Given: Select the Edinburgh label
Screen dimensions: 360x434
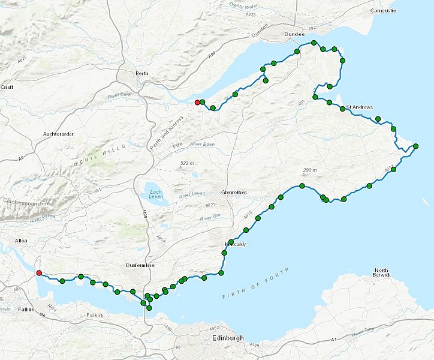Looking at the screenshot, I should (x=228, y=339).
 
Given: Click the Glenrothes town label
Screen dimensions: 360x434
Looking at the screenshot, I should (x=233, y=193).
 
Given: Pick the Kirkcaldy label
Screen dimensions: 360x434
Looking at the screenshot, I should (x=234, y=245).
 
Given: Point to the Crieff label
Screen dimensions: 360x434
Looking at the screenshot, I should (x=7, y=87).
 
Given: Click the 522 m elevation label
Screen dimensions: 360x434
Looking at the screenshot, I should (x=188, y=163).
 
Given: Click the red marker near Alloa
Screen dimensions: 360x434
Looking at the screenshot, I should (x=39, y=273).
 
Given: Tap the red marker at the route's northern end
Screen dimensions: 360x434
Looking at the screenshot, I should (x=197, y=103).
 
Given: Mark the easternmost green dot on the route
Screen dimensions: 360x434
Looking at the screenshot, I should (x=415, y=146).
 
